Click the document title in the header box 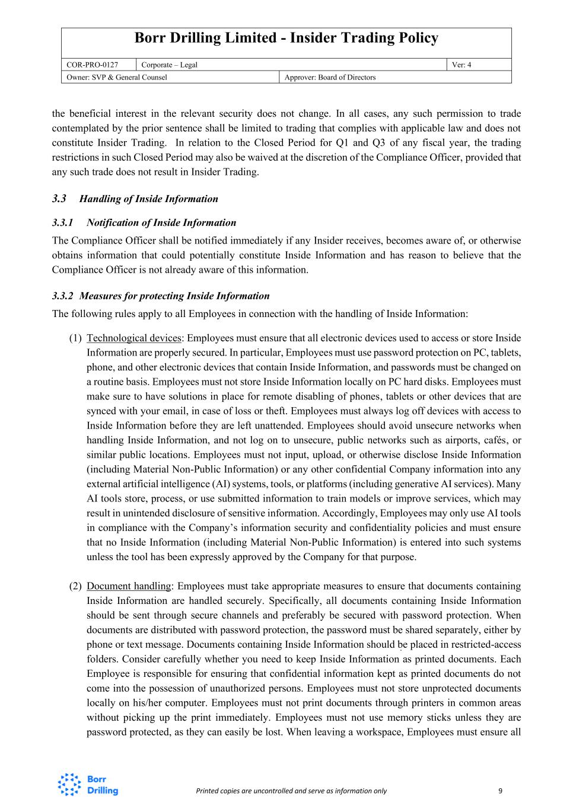(286, 39)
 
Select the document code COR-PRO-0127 (92, 65)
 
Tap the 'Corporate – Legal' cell (170, 65)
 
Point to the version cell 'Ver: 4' (461, 65)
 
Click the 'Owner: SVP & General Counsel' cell (117, 78)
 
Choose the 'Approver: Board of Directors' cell (330, 78)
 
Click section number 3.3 (59, 199)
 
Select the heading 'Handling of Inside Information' (148, 199)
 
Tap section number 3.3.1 (62, 223)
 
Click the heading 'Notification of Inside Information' (161, 223)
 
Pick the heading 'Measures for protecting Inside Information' (174, 296)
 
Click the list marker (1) (75, 338)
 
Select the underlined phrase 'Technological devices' (133, 338)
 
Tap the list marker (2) (75, 587)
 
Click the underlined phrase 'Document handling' (129, 587)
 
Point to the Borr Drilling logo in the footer (88, 785)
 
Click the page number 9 (501, 791)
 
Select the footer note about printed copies (291, 791)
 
